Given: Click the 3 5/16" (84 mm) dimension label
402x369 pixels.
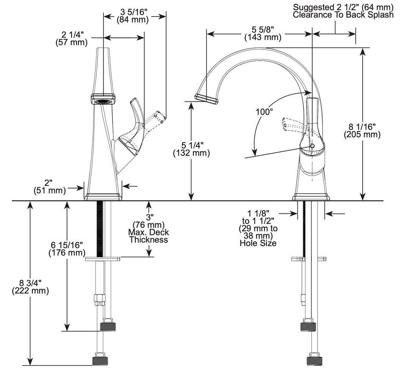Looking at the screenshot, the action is coord(133,16).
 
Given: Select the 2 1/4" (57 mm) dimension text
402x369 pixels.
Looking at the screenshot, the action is coord(71,38).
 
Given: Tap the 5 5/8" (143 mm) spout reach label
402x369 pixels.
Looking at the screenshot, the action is coord(263,33).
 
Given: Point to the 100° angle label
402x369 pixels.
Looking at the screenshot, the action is coord(264,112).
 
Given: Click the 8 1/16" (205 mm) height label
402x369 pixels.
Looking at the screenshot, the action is coord(362,130).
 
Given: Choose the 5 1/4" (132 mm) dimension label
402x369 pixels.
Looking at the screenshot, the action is coord(191,149).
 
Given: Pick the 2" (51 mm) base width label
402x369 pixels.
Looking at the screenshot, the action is coord(49,187).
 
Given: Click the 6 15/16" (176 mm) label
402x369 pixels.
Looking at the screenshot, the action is coord(67,248).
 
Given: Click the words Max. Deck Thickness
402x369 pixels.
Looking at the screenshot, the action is coord(149,236).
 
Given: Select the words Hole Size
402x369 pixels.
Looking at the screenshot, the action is coord(258,243).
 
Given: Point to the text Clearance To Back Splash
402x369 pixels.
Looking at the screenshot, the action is coord(343,15).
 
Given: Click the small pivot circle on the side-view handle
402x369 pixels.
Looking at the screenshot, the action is coord(312,146).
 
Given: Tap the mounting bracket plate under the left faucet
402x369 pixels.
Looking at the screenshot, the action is coord(102,259).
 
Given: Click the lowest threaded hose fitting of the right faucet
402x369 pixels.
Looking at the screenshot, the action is coord(314,360).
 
